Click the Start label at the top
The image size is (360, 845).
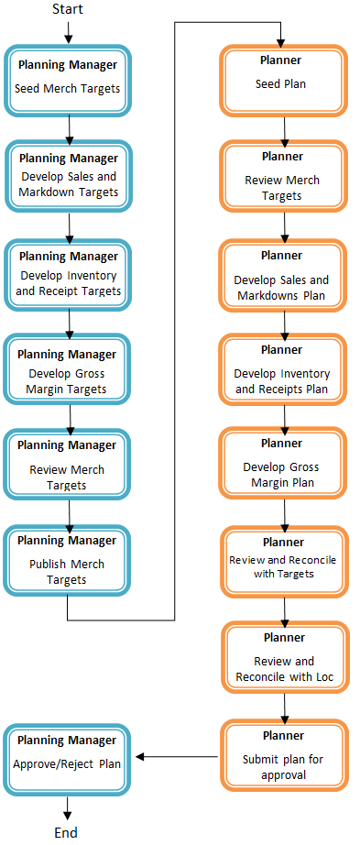[x=67, y=10]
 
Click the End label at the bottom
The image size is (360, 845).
[x=66, y=832]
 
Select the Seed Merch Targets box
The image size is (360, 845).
[x=68, y=80]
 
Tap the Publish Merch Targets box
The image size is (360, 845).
[x=68, y=560]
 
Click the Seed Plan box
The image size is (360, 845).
[x=283, y=80]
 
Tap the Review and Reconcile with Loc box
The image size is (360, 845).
[x=283, y=658]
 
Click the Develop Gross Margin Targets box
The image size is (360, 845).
[x=68, y=370]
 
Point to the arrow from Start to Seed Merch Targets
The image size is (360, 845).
[x=68, y=31]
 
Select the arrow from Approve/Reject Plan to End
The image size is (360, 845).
[x=67, y=807]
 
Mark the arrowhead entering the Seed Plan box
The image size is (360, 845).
[x=281, y=42]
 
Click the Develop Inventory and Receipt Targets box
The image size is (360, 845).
[x=68, y=273]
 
